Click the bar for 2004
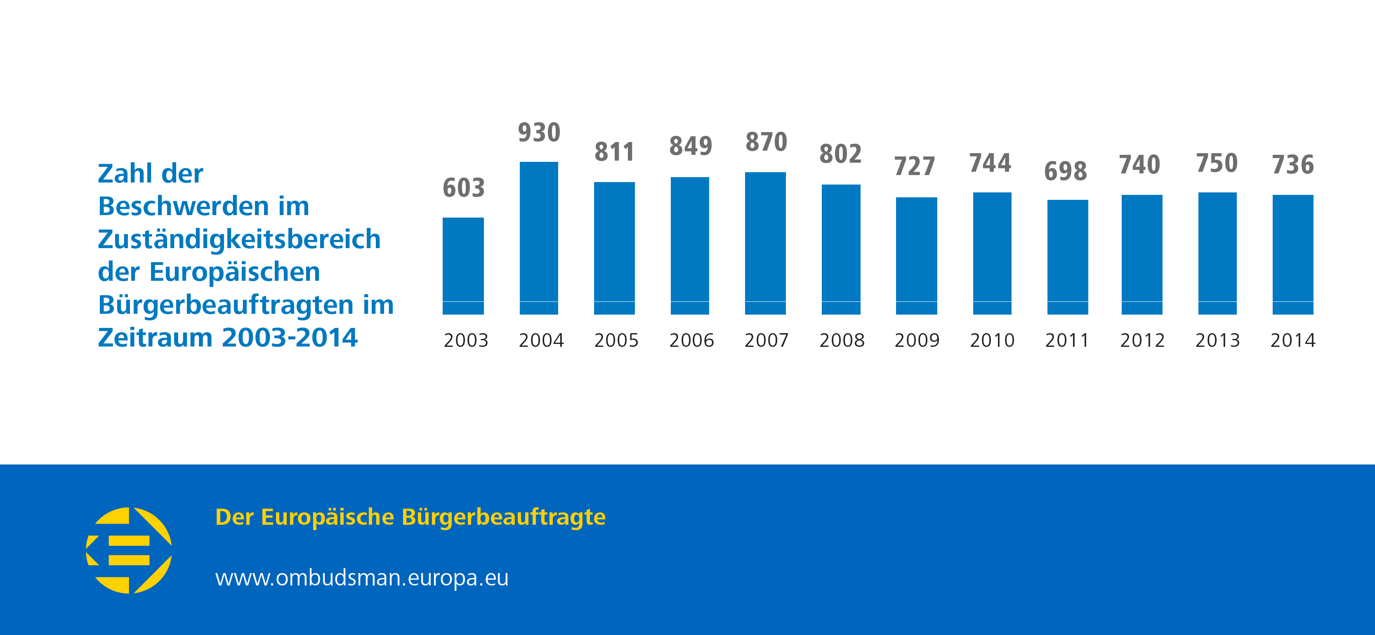tap(539, 238)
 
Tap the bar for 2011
tap(1068, 257)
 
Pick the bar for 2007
tap(765, 243)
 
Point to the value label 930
tap(539, 133)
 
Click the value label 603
tap(463, 188)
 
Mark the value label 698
tap(1066, 171)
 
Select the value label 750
tap(1217, 163)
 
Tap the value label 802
tap(840, 154)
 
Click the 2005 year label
tap(616, 340)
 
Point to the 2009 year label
tap(917, 340)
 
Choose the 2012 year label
tap(1142, 340)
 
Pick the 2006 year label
tap(691, 340)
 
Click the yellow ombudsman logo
tap(129, 550)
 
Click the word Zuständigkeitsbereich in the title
tap(239, 239)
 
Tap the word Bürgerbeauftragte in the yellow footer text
tap(503, 517)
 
